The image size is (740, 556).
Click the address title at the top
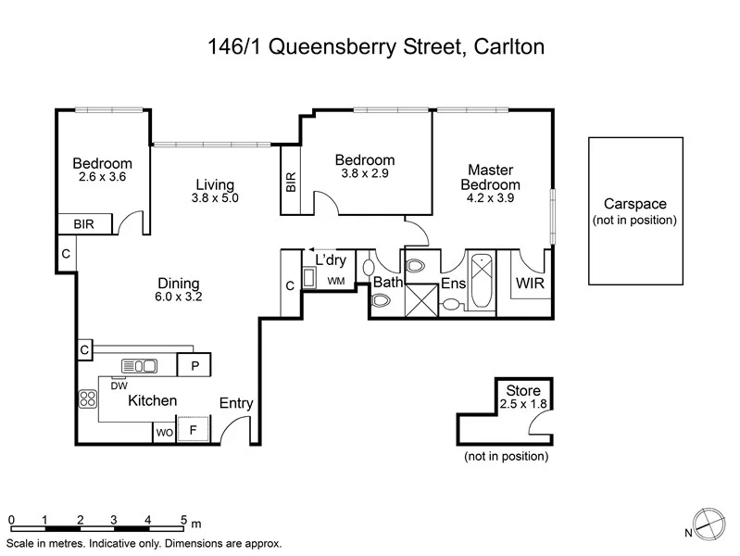(370, 45)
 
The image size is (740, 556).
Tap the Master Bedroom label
(490, 176)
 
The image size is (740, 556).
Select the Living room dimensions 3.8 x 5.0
(215, 198)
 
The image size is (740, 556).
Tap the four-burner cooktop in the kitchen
(89, 398)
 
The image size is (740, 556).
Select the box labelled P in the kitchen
(194, 365)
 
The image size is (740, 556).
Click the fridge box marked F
(194, 431)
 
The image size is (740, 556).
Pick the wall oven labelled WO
(164, 432)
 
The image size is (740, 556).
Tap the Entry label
(236, 403)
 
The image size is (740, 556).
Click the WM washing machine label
(335, 280)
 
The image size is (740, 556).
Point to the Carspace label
(634, 204)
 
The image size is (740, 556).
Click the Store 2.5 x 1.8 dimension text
(524, 405)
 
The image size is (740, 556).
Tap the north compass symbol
(709, 524)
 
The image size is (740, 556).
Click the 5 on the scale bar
(183, 520)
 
